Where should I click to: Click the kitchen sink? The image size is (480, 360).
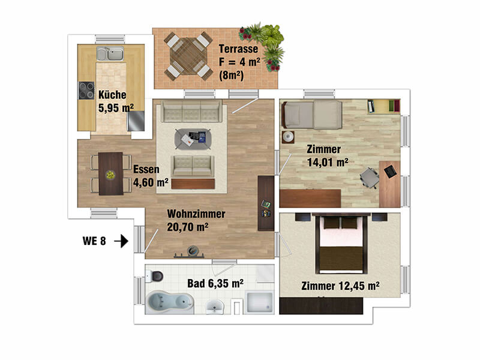110,53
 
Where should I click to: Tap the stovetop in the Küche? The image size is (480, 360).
86,91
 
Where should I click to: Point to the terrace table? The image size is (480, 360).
188,56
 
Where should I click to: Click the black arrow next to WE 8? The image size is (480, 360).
121,241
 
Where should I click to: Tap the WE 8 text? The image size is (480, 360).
94,241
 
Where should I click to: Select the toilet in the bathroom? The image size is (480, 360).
155,276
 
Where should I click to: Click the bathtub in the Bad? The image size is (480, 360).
170,302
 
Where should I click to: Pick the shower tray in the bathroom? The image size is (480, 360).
260,303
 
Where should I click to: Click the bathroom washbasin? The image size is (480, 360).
215,307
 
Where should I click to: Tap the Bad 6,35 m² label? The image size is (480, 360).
215,283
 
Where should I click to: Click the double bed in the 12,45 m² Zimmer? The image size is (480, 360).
341,245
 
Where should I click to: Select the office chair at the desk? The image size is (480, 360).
370,178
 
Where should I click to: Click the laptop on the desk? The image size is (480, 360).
391,171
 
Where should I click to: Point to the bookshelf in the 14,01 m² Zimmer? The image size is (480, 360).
384,106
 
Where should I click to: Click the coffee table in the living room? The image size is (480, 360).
193,139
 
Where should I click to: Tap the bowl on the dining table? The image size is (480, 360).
110,175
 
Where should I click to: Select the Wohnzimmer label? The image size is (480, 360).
196,220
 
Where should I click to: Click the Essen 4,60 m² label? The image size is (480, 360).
151,176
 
